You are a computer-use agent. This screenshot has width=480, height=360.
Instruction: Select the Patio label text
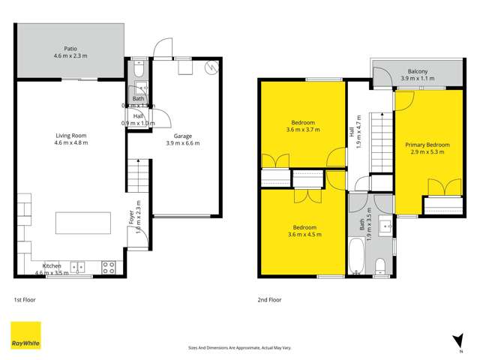pos(71,49)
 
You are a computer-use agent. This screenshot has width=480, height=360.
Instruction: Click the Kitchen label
pos(52,265)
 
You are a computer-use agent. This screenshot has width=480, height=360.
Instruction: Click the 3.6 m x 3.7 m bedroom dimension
pos(303,129)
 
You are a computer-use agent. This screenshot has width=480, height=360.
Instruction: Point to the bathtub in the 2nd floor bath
pos(358,256)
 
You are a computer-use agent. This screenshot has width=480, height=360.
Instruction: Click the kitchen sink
pos(78,265)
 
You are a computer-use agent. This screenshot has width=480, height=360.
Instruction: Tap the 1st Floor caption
pos(25,299)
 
